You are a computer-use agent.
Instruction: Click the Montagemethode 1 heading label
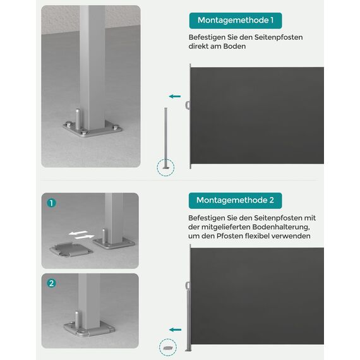(235, 20)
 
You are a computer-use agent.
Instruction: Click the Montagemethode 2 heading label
(235, 200)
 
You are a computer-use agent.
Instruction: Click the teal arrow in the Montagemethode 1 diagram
(175, 96)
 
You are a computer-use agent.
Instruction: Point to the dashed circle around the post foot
(165, 167)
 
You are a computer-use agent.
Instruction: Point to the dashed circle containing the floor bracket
(167, 347)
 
